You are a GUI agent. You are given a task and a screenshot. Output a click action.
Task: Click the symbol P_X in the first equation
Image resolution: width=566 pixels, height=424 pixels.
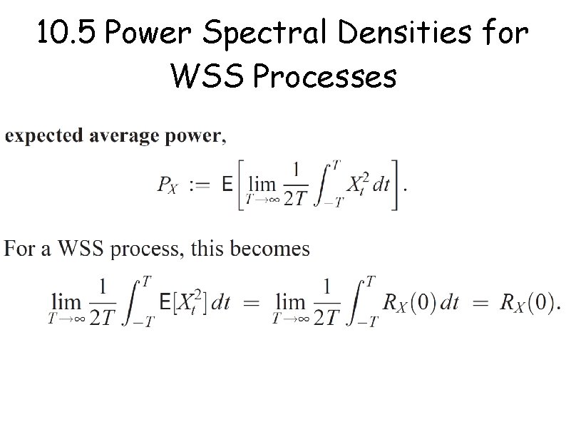168,185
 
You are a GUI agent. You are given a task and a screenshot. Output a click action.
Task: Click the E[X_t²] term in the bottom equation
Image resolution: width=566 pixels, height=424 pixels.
185,303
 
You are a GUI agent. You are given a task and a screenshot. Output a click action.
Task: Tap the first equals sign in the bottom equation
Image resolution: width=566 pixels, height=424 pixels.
252,303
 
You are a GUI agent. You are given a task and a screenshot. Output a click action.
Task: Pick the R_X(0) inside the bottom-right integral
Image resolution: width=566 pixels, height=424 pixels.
410,303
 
